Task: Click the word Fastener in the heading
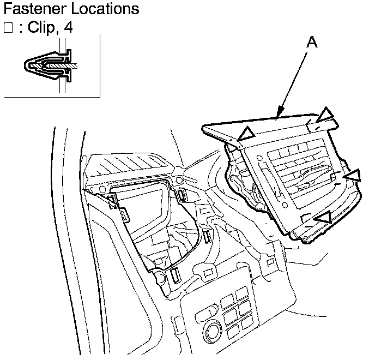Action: (x=34, y=9)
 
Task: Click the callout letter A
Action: (x=311, y=43)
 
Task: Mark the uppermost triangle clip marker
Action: (x=326, y=114)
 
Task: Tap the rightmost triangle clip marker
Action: (x=354, y=175)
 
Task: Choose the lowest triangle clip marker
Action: (x=325, y=218)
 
